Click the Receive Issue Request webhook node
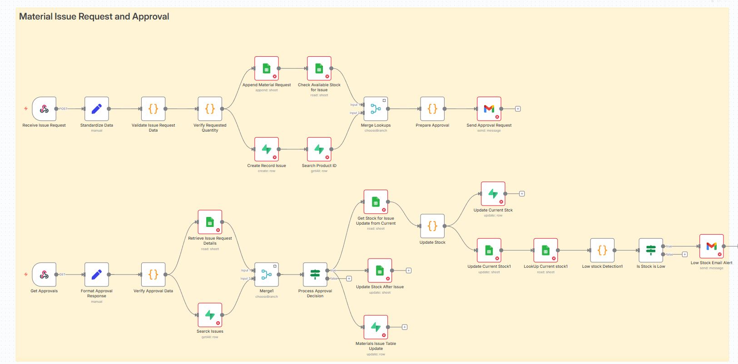[x=44, y=109]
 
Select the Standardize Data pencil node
[x=96, y=109]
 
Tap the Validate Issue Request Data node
[x=153, y=109]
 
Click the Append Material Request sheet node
[x=267, y=69]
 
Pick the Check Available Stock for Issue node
[x=319, y=69]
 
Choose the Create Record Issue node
[x=267, y=149]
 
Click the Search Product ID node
[x=319, y=149]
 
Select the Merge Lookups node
[x=376, y=109]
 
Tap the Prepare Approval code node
[x=432, y=109]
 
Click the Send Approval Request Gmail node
[x=489, y=109]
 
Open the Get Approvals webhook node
[x=44, y=275]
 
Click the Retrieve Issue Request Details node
[x=210, y=222]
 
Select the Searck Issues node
[x=210, y=315]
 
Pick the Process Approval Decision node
[x=315, y=275]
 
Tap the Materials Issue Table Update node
[x=376, y=327]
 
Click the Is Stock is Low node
[x=650, y=250]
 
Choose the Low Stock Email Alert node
[x=711, y=246]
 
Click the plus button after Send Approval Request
[x=518, y=109]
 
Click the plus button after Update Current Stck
[x=522, y=194]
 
